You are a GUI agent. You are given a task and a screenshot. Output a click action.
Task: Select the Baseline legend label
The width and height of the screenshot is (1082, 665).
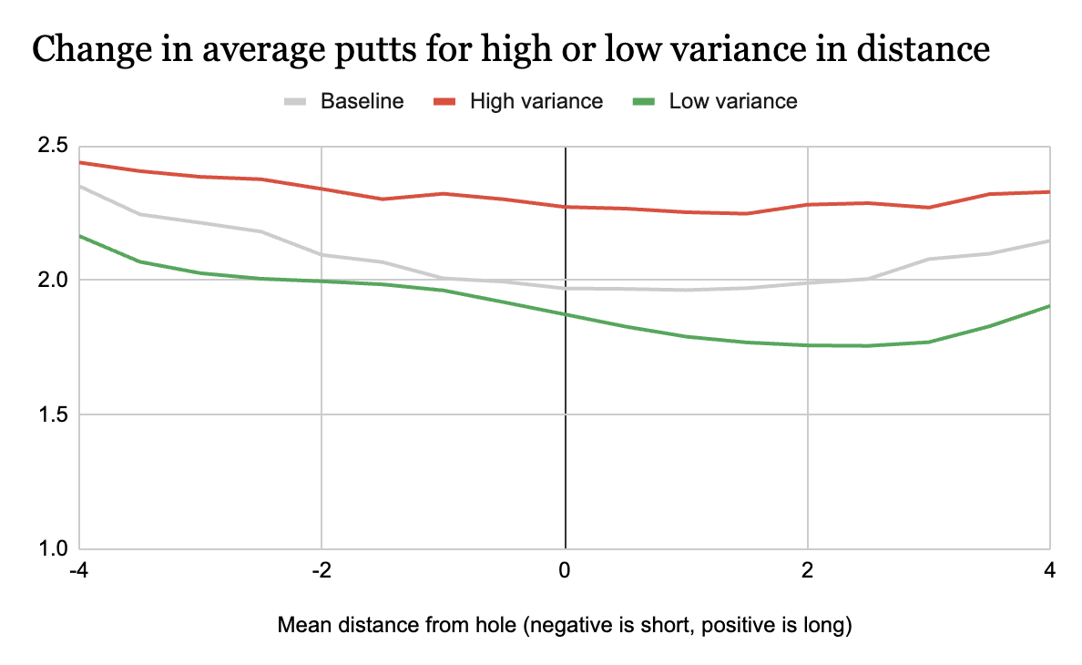[362, 101]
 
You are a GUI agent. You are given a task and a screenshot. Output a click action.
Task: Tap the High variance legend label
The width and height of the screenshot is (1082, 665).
[536, 101]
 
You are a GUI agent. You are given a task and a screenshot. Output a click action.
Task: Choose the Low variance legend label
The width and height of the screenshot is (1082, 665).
[733, 101]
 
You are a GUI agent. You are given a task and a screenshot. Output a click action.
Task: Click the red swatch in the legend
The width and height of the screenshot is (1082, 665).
[444, 101]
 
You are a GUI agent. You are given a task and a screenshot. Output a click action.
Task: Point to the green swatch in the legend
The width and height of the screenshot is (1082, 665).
[643, 101]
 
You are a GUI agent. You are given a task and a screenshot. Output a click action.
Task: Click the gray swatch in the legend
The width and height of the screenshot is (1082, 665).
[294, 101]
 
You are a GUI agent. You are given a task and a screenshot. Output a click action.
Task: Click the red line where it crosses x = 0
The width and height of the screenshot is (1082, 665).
[566, 207]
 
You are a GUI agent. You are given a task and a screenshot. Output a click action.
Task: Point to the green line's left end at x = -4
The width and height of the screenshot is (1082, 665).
[81, 236]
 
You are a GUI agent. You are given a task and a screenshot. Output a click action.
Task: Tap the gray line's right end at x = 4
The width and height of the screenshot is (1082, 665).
[1049, 240]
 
